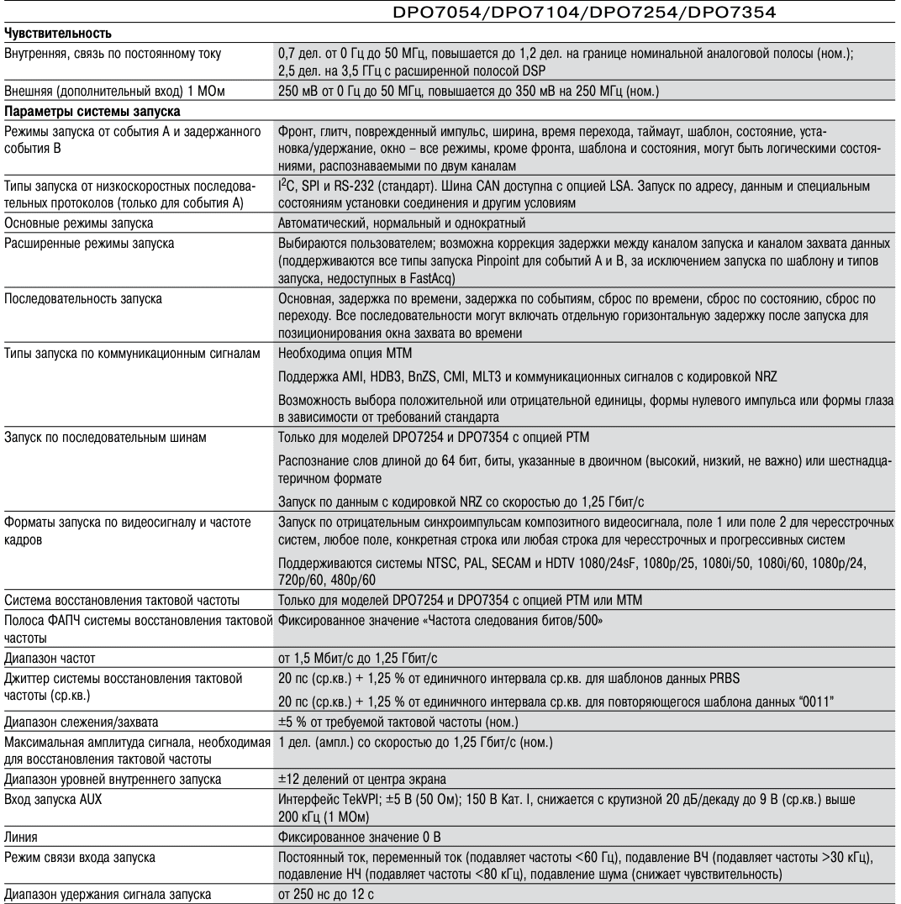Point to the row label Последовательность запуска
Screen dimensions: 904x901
tap(83, 299)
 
